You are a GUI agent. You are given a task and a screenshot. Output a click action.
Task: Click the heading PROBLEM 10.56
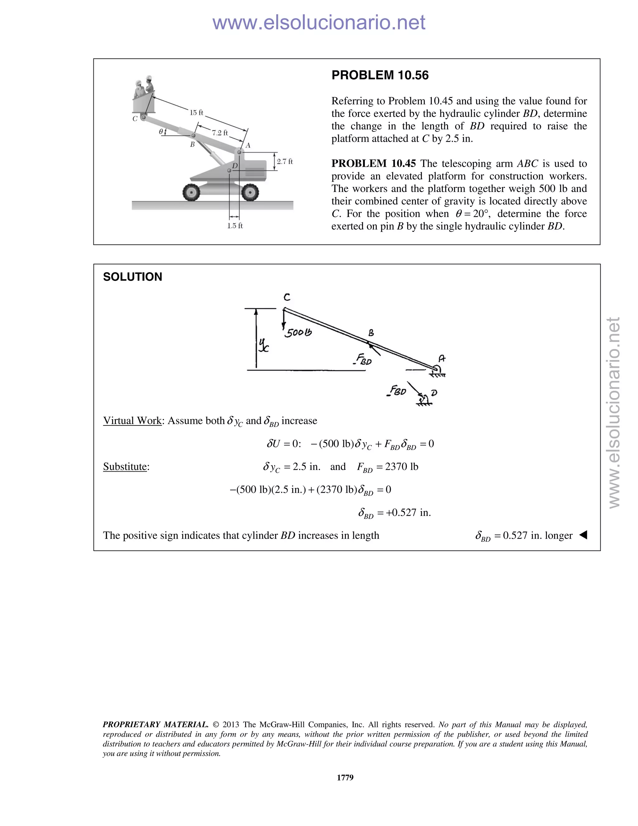coord(380,75)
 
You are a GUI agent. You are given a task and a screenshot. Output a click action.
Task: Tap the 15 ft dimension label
coord(196,112)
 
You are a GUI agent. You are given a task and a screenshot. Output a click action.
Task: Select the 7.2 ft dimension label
coord(220,132)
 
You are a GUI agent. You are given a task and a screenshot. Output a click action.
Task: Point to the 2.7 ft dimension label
coord(285,161)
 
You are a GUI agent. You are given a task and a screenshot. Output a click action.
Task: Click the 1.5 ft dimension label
coord(235,226)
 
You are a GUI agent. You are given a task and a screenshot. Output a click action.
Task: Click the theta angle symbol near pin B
coord(161,131)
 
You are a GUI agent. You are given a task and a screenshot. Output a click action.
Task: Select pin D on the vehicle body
coord(229,170)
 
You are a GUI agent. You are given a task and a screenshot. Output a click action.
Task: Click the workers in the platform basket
coord(144,89)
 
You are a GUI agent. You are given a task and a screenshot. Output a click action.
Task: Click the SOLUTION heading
coord(132,277)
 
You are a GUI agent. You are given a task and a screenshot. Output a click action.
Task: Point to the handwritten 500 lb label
coord(298,333)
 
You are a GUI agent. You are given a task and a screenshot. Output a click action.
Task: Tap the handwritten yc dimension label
coord(264,345)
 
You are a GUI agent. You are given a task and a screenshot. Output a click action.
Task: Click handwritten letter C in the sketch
coord(287,297)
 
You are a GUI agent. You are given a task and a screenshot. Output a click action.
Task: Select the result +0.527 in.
coord(408,513)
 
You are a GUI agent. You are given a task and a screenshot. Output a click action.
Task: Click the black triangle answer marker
coord(583,535)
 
